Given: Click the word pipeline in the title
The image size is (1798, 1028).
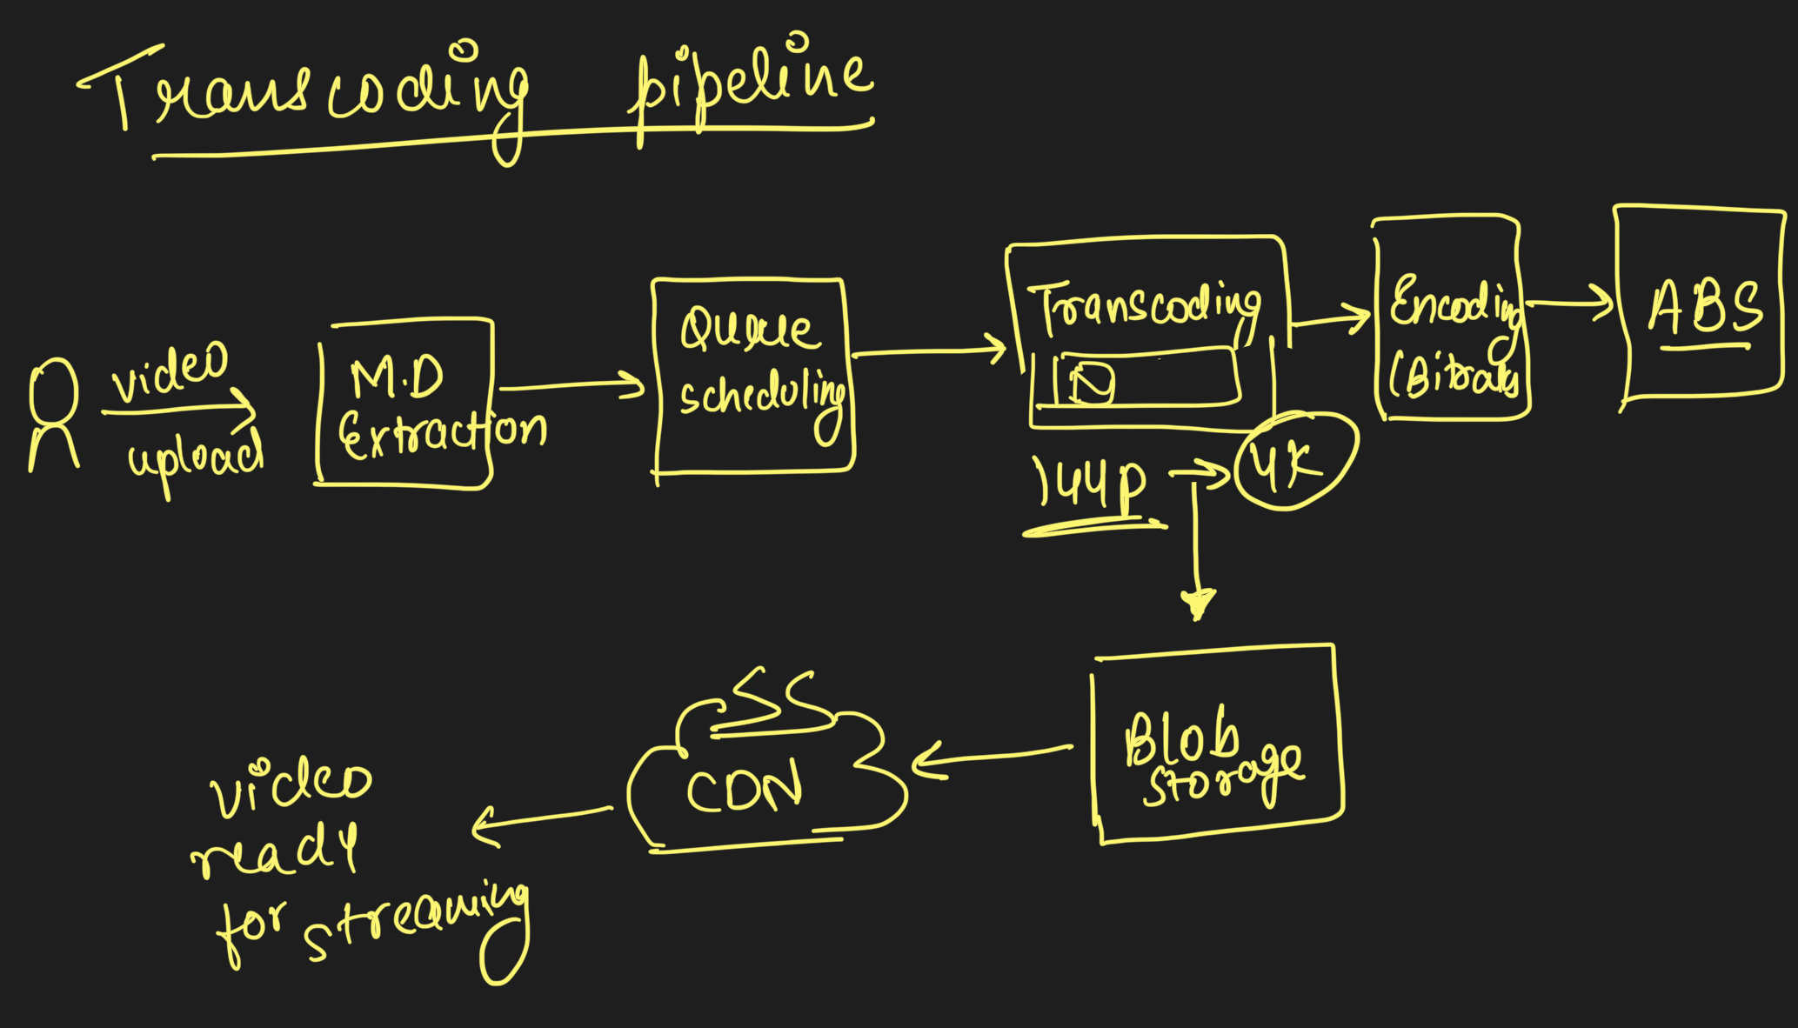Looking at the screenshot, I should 748,87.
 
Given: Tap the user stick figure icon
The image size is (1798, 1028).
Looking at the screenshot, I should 54,413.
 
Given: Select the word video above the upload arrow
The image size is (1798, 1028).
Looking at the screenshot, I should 170,371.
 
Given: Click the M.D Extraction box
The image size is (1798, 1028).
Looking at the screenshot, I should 404,404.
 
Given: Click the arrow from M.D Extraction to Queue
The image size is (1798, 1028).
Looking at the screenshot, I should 570,385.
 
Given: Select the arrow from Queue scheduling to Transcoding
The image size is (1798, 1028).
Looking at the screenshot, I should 926,350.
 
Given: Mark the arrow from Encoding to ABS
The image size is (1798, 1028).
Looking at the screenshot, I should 1570,304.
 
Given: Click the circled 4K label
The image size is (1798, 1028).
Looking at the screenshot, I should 1294,461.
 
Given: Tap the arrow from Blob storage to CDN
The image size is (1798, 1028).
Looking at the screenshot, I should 992,757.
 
